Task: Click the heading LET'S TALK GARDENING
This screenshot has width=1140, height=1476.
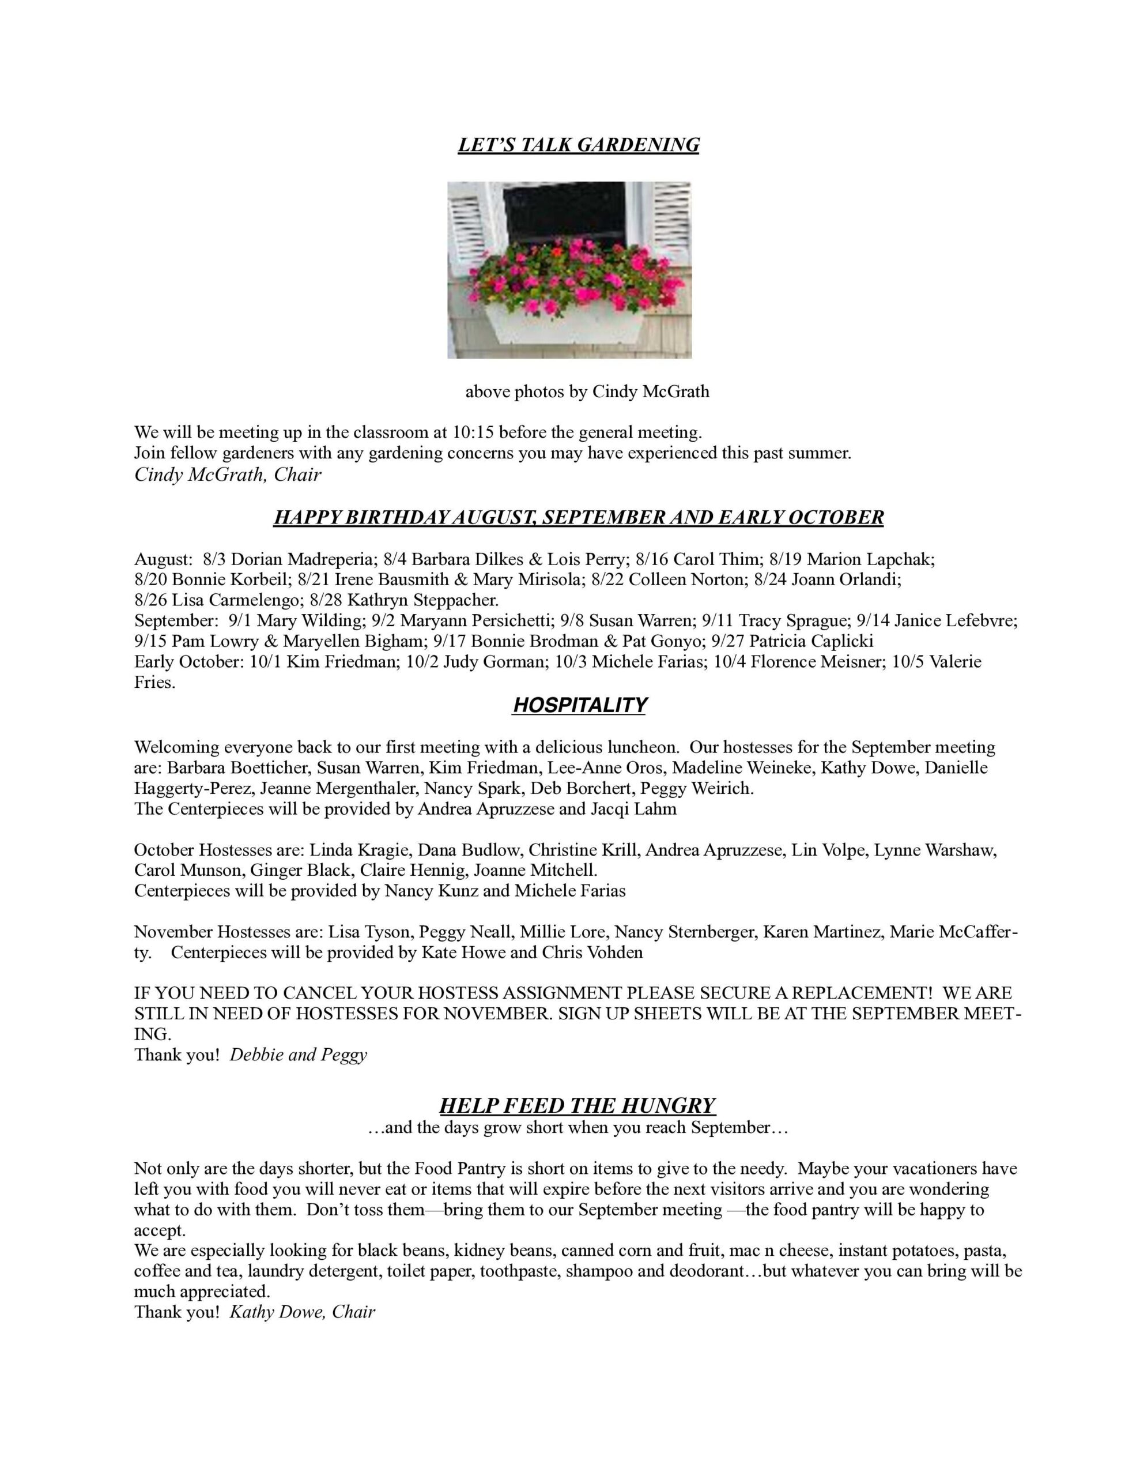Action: [x=579, y=145]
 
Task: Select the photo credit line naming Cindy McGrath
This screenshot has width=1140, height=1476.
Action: [x=587, y=392]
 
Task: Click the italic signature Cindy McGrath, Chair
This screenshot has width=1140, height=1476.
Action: [x=227, y=475]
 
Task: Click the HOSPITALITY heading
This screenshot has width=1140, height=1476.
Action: [x=579, y=706]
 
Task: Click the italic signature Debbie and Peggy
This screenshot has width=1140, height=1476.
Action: [x=298, y=1055]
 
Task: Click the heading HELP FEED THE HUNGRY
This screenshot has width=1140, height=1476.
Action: [x=577, y=1106]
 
